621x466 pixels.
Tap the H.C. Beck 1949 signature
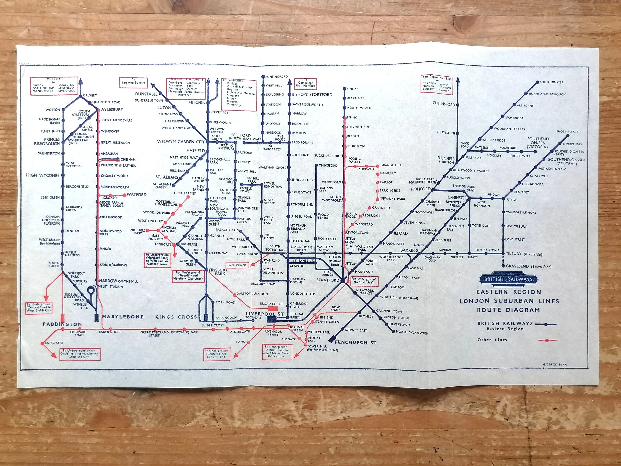click(x=555, y=365)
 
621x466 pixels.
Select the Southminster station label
click(x=551, y=82)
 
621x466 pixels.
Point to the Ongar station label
click(x=353, y=89)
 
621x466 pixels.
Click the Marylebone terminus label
click(x=123, y=317)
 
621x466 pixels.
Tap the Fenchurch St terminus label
click(x=355, y=343)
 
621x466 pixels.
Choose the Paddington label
click(x=62, y=324)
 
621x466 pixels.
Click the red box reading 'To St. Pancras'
click(x=237, y=265)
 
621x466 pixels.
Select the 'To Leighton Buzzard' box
click(x=134, y=83)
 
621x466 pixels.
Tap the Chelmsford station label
click(x=444, y=104)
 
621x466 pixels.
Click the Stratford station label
click(x=328, y=280)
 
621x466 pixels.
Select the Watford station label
click(x=136, y=194)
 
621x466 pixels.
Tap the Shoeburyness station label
click(x=568, y=132)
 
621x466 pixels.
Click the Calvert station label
click(x=90, y=95)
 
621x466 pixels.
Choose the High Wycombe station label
click(x=43, y=175)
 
